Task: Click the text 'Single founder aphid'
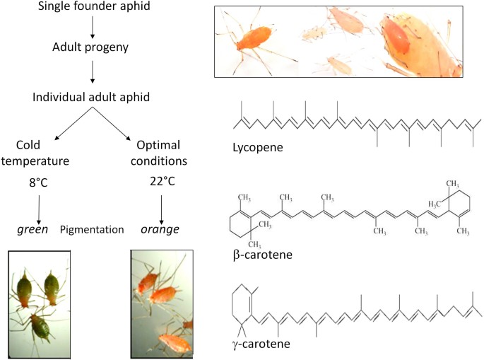click(96, 8)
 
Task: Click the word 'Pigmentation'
click(92, 229)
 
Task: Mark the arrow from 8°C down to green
click(38, 207)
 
